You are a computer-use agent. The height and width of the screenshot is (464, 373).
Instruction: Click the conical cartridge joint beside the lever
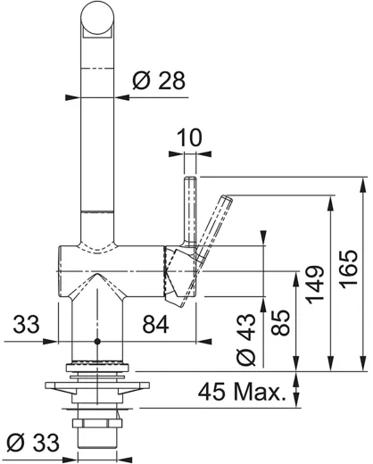coord(175,272)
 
